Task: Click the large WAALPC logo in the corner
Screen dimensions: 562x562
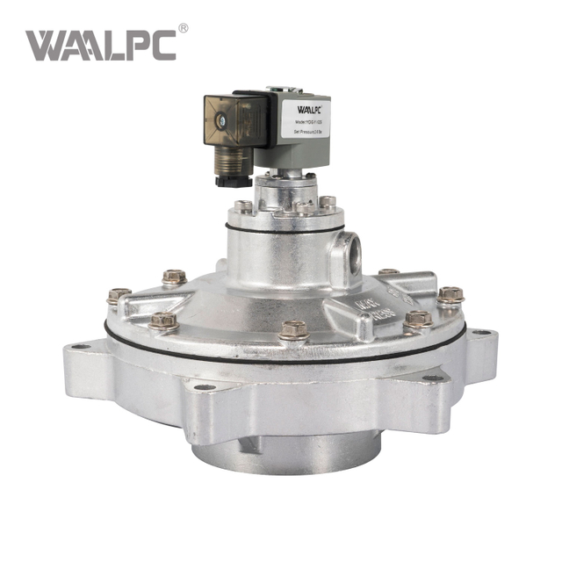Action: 100,45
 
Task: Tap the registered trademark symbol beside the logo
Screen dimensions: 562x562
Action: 184,28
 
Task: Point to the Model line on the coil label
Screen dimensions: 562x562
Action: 303,121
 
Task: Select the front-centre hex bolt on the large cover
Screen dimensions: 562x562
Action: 294,330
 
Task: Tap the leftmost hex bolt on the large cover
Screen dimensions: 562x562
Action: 119,296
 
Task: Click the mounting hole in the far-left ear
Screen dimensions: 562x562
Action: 80,347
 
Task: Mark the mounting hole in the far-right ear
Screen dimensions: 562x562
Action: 481,333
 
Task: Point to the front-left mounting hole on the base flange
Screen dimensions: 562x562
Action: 204,387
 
